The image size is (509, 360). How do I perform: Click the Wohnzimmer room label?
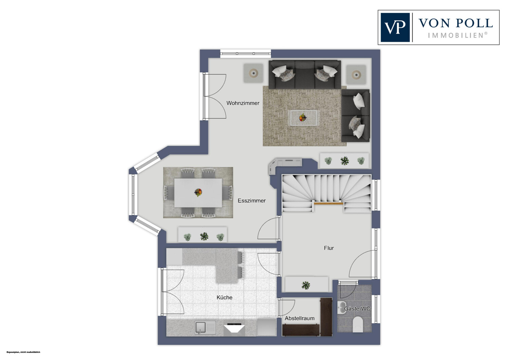[243, 103]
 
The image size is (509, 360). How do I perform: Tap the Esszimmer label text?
[251, 201]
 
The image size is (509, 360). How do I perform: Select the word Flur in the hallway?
[329, 248]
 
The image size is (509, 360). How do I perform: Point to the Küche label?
[225, 298]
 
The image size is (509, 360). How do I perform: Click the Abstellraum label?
[300, 318]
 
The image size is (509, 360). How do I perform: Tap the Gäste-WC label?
[357, 309]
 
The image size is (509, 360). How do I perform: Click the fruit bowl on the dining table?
[198, 192]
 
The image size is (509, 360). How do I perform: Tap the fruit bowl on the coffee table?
[303, 118]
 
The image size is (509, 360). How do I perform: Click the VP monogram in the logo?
[395, 27]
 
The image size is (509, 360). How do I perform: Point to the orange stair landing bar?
[328, 203]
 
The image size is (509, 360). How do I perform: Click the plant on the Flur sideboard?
[306, 285]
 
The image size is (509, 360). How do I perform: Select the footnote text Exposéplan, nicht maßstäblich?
[23, 352]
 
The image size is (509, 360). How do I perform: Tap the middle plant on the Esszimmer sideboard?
[204, 236]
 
